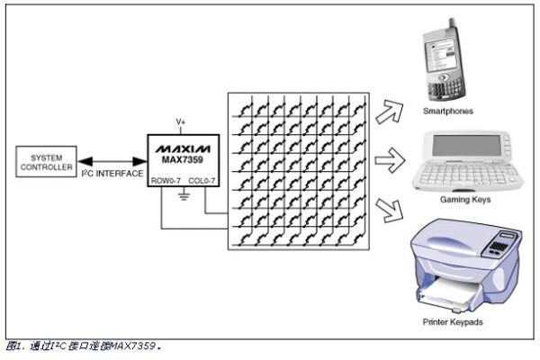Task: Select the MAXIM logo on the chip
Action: [181, 146]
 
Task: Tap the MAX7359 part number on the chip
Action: [181, 158]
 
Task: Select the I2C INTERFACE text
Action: [112, 173]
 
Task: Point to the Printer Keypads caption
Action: [461, 320]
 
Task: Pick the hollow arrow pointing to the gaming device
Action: [387, 161]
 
